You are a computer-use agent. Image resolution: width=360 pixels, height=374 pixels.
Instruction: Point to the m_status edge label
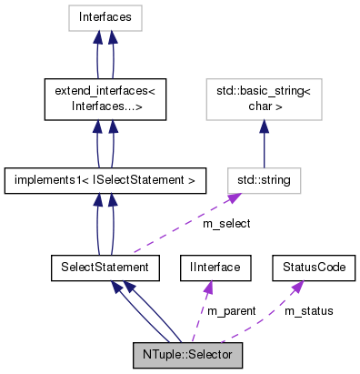tap(308, 310)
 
